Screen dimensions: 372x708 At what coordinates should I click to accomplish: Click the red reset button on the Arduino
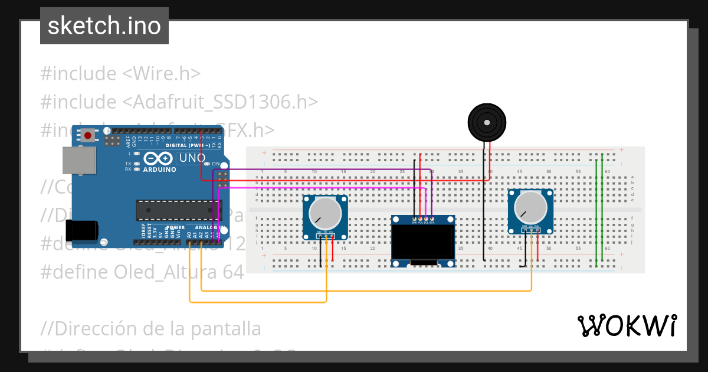tap(87, 135)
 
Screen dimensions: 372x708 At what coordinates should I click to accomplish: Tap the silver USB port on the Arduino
tap(78, 161)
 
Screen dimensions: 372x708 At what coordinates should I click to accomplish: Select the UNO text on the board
tap(192, 158)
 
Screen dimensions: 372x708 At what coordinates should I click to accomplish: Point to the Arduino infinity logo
tap(158, 158)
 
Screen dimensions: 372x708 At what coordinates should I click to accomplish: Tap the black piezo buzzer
tap(487, 122)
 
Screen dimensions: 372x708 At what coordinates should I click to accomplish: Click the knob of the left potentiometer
tap(324, 212)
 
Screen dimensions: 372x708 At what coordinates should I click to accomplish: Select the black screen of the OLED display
tap(423, 242)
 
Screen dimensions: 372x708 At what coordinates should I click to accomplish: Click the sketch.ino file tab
tap(104, 26)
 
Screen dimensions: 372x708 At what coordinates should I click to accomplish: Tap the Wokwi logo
tap(627, 325)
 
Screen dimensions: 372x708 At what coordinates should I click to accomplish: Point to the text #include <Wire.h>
tap(120, 74)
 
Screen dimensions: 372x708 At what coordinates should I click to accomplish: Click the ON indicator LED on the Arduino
tap(208, 164)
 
